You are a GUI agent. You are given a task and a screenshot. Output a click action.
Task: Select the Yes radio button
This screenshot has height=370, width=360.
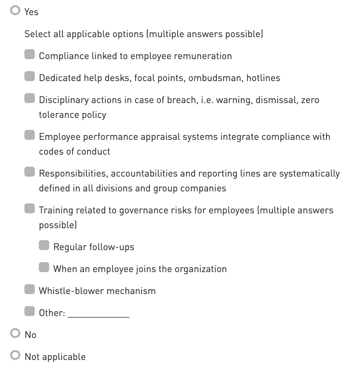(x=15, y=11)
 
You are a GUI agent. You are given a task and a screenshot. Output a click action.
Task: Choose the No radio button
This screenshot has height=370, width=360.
(x=15, y=334)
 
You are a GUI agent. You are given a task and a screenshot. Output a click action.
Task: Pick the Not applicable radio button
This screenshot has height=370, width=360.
(x=15, y=356)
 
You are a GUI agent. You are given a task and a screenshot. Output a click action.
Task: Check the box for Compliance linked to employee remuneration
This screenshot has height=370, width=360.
(x=30, y=55)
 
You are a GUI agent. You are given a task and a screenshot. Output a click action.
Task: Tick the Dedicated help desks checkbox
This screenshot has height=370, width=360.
(x=30, y=77)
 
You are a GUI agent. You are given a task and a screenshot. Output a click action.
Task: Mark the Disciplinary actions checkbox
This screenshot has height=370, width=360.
(x=30, y=99)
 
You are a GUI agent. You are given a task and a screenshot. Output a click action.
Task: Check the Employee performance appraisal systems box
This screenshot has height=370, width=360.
(x=30, y=135)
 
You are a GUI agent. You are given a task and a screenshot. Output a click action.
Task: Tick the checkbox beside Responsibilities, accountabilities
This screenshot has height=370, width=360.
(x=30, y=172)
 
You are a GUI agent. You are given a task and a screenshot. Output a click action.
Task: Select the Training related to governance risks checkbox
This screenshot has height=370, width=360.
(x=30, y=209)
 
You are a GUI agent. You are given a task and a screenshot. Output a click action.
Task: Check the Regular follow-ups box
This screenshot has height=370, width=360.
(x=44, y=246)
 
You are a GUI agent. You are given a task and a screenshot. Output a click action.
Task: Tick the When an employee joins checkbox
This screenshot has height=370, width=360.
(x=44, y=267)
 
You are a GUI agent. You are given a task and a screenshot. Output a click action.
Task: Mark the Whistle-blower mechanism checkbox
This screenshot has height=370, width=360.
(x=30, y=289)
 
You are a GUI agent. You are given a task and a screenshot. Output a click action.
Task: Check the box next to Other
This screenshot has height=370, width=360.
(x=30, y=311)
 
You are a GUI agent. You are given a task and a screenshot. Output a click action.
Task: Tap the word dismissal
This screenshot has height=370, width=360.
(x=275, y=100)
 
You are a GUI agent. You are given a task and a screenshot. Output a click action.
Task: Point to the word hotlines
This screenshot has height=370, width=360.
(x=263, y=78)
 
